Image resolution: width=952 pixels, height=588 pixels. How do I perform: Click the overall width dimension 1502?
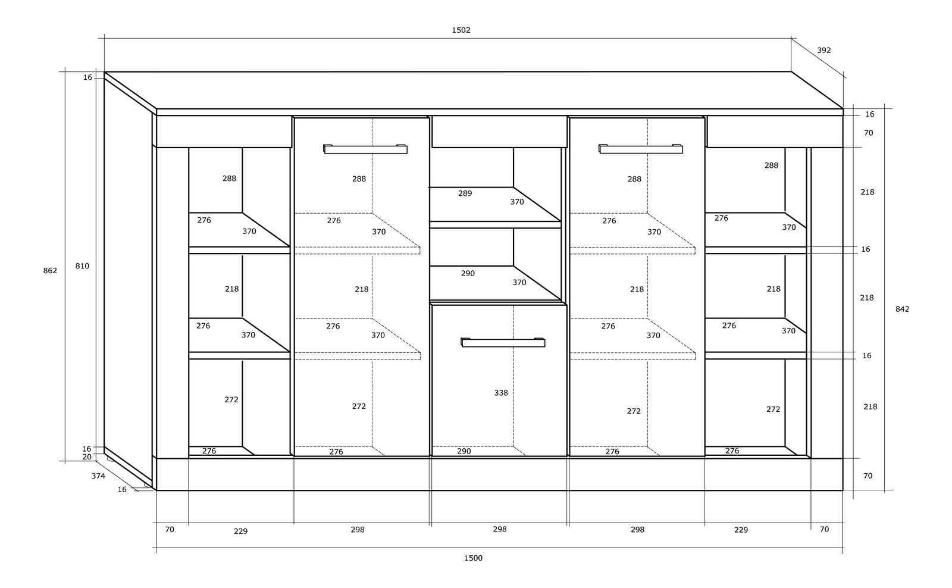click(x=461, y=30)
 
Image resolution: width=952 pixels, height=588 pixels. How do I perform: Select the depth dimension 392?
click(x=823, y=50)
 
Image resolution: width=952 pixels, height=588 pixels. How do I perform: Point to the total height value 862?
click(x=50, y=270)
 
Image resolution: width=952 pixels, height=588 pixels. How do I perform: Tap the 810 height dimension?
click(x=82, y=265)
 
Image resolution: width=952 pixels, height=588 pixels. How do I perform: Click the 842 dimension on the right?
click(x=902, y=309)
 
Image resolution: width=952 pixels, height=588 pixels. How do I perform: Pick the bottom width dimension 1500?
click(x=473, y=558)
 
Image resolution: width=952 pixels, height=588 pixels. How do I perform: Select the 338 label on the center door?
click(x=500, y=393)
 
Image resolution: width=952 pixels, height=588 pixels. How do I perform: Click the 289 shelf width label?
click(x=465, y=193)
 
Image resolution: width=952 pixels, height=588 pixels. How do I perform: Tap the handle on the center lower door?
click(x=503, y=342)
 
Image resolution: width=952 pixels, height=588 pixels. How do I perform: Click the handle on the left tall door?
click(x=365, y=149)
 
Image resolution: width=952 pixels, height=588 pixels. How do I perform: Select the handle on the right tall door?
click(x=640, y=149)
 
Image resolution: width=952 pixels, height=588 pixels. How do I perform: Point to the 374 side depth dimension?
click(x=98, y=476)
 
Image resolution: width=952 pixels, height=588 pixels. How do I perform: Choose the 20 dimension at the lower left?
click(x=87, y=457)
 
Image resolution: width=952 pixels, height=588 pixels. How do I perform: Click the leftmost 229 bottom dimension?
click(x=240, y=531)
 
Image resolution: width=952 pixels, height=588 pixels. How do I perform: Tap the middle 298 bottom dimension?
click(x=500, y=529)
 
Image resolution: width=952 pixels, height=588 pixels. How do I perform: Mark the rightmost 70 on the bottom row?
click(x=824, y=529)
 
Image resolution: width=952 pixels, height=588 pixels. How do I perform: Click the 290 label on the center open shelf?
click(x=468, y=273)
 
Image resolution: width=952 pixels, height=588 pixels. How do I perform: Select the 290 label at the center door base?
click(x=464, y=451)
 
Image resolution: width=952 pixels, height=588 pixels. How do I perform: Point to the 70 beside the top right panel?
click(x=868, y=133)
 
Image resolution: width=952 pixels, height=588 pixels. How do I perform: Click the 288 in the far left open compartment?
click(x=229, y=179)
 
